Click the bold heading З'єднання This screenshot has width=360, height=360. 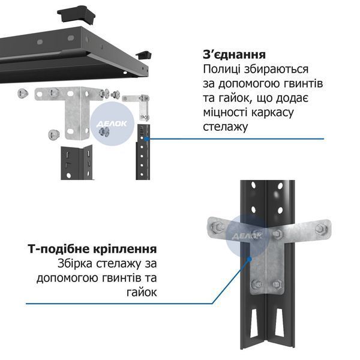pyautogui.click(x=234, y=55)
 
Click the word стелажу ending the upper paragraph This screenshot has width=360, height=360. pyautogui.click(x=225, y=127)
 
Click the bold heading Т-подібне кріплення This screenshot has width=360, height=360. pyautogui.click(x=92, y=250)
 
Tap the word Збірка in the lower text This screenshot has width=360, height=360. pyautogui.click(x=75, y=263)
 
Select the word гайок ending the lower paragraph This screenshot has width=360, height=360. pyautogui.click(x=142, y=292)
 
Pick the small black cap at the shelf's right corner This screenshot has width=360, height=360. pyautogui.click(x=144, y=55)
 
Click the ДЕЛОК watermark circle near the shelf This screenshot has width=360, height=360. pyautogui.click(x=112, y=124)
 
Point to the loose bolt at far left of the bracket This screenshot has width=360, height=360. pyautogui.click(x=23, y=93)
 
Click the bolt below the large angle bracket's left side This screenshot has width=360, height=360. pyautogui.click(x=54, y=134)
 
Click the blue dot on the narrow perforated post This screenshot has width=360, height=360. pyautogui.click(x=146, y=139)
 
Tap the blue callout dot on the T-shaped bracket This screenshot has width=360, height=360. pyautogui.click(x=250, y=259)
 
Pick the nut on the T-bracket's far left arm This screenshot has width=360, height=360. pyautogui.click(x=218, y=227)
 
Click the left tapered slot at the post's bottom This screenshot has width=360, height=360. pyautogui.click(x=256, y=323)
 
